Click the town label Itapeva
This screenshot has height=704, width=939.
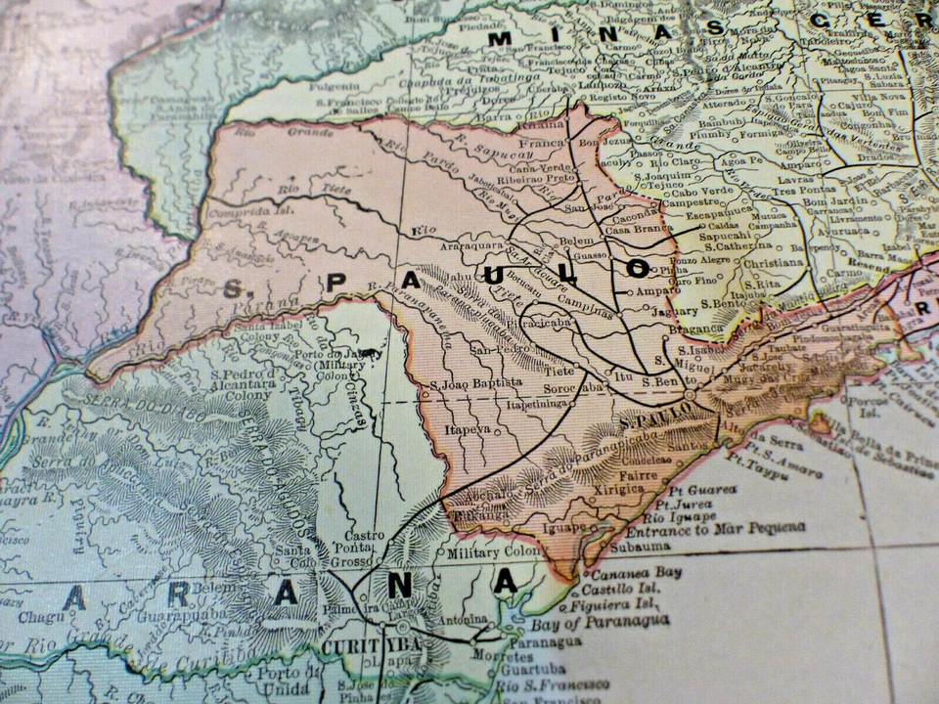467,428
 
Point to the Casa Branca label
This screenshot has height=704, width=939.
639,227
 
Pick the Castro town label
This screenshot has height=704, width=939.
364,536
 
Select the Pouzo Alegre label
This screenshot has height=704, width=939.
707,262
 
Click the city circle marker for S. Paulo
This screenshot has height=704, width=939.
691,395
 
